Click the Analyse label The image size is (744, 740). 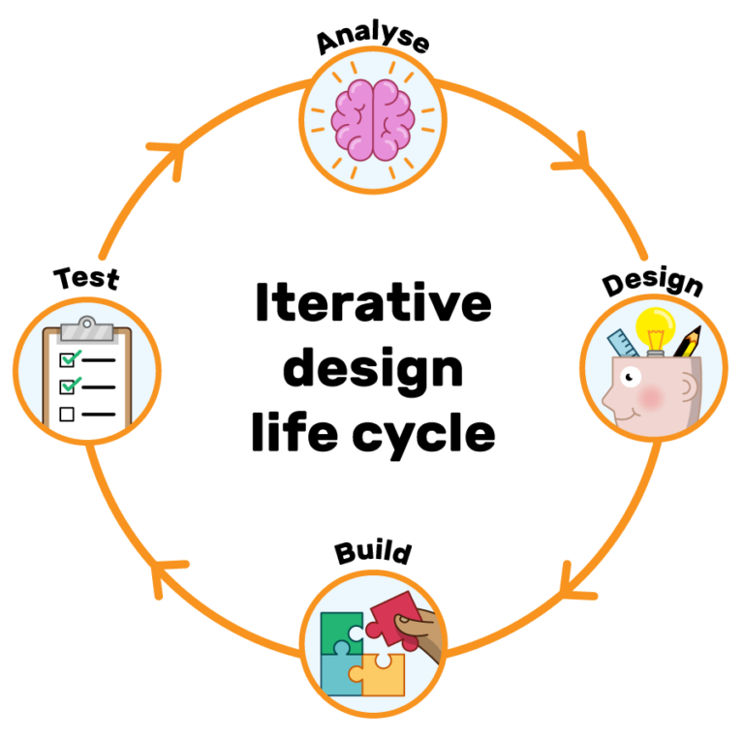pos(373,41)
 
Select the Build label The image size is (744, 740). pos(373,553)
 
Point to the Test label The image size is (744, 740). pos(86,278)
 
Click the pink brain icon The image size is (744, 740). pos(373,119)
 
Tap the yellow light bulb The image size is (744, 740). pos(656,328)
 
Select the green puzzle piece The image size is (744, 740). pos(341,631)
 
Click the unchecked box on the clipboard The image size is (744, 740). pos(67,414)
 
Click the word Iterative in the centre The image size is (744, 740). pos(373,304)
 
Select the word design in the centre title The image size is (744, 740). pos(373,369)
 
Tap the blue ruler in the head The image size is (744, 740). pos(622,345)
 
